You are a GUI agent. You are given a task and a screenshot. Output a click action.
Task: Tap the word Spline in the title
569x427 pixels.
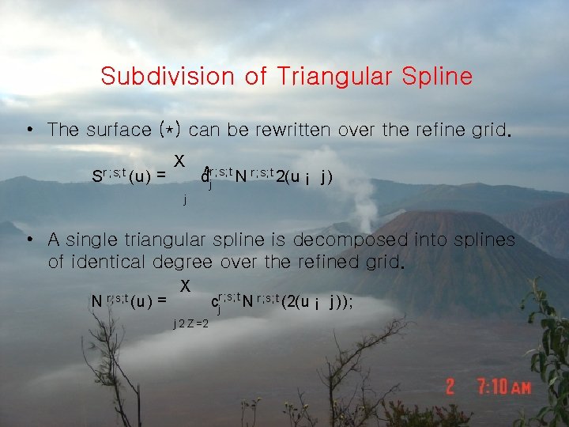tap(437, 77)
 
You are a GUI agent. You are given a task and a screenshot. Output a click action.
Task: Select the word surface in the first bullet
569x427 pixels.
tap(120, 130)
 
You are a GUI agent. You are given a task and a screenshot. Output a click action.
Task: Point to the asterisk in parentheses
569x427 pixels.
tap(170, 129)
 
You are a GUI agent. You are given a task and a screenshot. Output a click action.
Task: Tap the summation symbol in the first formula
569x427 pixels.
tap(180, 160)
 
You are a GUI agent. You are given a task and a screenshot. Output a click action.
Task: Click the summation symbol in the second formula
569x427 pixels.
tap(185, 284)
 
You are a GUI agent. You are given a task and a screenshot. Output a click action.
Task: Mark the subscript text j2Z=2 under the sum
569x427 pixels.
tap(190, 323)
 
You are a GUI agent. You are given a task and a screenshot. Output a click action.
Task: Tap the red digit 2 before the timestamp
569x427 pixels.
tap(450, 387)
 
